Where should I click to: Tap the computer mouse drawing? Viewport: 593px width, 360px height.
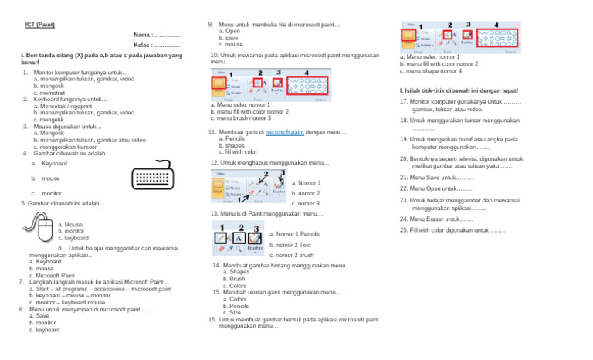coord(36,229)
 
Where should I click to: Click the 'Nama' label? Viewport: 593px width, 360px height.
coord(141,35)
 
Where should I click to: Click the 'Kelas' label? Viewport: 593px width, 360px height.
coord(141,45)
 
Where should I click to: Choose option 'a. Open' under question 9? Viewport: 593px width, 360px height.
coord(229,32)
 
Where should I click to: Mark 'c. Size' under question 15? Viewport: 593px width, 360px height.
coord(227,312)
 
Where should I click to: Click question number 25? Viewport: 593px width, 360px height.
coord(403,229)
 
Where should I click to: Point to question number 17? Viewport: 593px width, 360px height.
coord(403,101)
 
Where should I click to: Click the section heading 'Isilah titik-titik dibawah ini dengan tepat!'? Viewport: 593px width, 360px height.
coord(454,90)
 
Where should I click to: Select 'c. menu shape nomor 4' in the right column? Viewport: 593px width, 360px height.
coord(431,71)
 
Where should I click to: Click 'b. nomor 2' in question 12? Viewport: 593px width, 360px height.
coord(306,193)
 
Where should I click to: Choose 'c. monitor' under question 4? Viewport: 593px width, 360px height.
coord(46,193)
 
